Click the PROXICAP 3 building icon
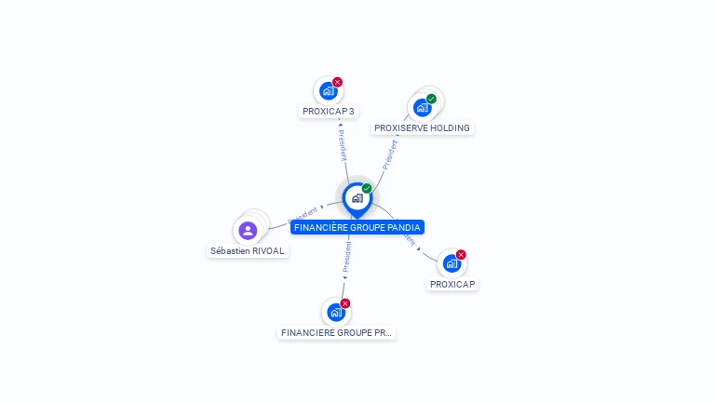328,91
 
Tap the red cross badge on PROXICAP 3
338,82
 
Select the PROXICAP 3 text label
329,112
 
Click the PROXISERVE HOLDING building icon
423,107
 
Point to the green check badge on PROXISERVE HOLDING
431,99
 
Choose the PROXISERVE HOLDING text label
422,128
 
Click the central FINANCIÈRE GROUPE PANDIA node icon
357,198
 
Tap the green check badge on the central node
367,189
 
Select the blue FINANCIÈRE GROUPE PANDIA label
357,227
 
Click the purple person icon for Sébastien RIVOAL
248,230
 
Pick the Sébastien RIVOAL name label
248,251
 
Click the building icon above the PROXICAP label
452,263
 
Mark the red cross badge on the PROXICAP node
461,255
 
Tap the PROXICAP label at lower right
453,284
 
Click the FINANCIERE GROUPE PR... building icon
336,313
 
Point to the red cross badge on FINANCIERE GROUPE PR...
345,303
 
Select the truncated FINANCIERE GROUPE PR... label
336,332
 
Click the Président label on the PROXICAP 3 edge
343,144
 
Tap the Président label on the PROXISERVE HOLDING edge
391,152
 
